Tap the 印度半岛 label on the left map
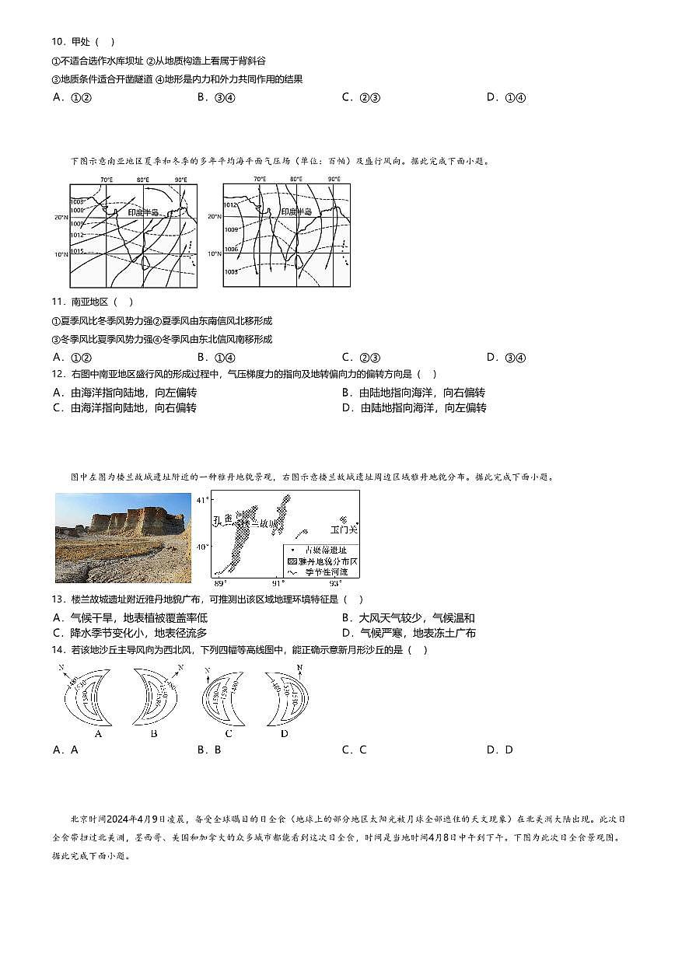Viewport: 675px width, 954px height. coord(143,211)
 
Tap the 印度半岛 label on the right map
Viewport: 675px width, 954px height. coord(296,211)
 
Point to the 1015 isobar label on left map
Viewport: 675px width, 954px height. coord(76,251)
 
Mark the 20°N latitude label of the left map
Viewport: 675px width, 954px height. coord(61,218)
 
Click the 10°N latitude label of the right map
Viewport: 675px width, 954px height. coord(215,254)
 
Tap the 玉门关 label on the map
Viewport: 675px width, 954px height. coord(343,529)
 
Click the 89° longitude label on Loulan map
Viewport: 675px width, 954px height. coord(220,583)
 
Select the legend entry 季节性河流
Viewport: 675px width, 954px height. coord(320,571)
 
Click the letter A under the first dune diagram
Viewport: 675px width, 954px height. coord(98,733)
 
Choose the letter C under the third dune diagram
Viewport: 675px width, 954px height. coord(229,733)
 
